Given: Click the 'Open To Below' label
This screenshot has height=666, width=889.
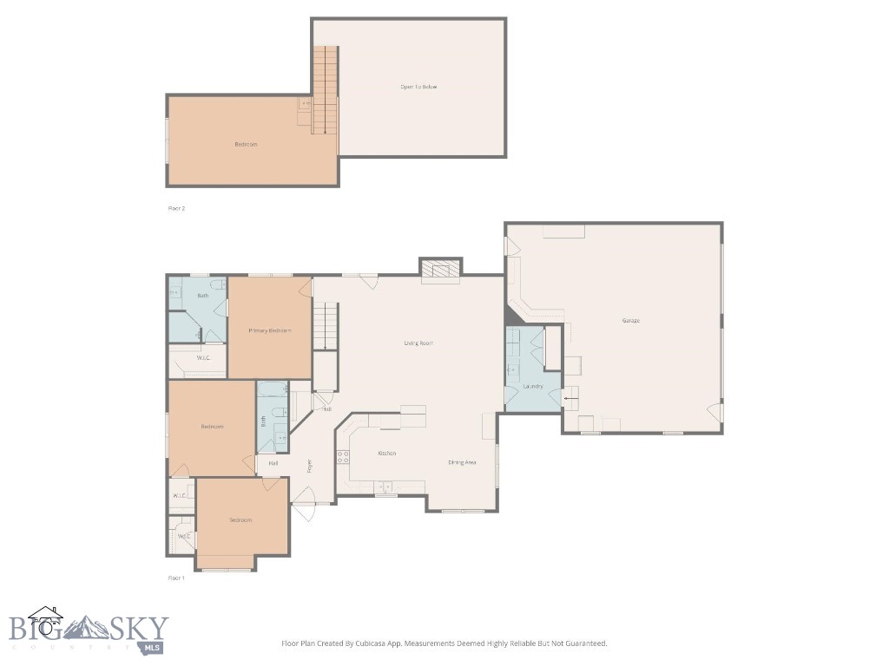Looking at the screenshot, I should pyautogui.click(x=418, y=87).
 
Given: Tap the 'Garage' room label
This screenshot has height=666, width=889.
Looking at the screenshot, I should pyautogui.click(x=630, y=321).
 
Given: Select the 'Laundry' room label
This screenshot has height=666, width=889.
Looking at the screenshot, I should pyautogui.click(x=533, y=386).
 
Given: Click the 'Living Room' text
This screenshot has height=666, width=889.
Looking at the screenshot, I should pyautogui.click(x=418, y=343).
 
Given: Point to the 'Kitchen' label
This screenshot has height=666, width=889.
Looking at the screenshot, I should pyautogui.click(x=387, y=454).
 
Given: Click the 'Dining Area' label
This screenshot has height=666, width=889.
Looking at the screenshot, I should pyautogui.click(x=462, y=462).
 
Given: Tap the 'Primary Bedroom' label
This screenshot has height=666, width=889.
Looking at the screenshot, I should pyautogui.click(x=269, y=330).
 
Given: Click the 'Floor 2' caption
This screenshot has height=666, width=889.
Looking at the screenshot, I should pyautogui.click(x=176, y=208).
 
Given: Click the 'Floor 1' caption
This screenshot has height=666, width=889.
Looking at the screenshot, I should pyautogui.click(x=176, y=578).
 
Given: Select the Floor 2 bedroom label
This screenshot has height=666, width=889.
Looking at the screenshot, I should pyautogui.click(x=246, y=144).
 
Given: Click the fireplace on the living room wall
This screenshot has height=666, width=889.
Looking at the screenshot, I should pyautogui.click(x=441, y=271).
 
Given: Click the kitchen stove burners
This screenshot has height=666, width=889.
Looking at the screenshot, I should pyautogui.click(x=343, y=457).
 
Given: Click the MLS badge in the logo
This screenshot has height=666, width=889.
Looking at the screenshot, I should pyautogui.click(x=153, y=648).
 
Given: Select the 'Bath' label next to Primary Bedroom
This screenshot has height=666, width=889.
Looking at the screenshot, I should pyautogui.click(x=202, y=296).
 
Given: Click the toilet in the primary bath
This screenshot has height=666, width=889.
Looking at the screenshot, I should pyautogui.click(x=217, y=283).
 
